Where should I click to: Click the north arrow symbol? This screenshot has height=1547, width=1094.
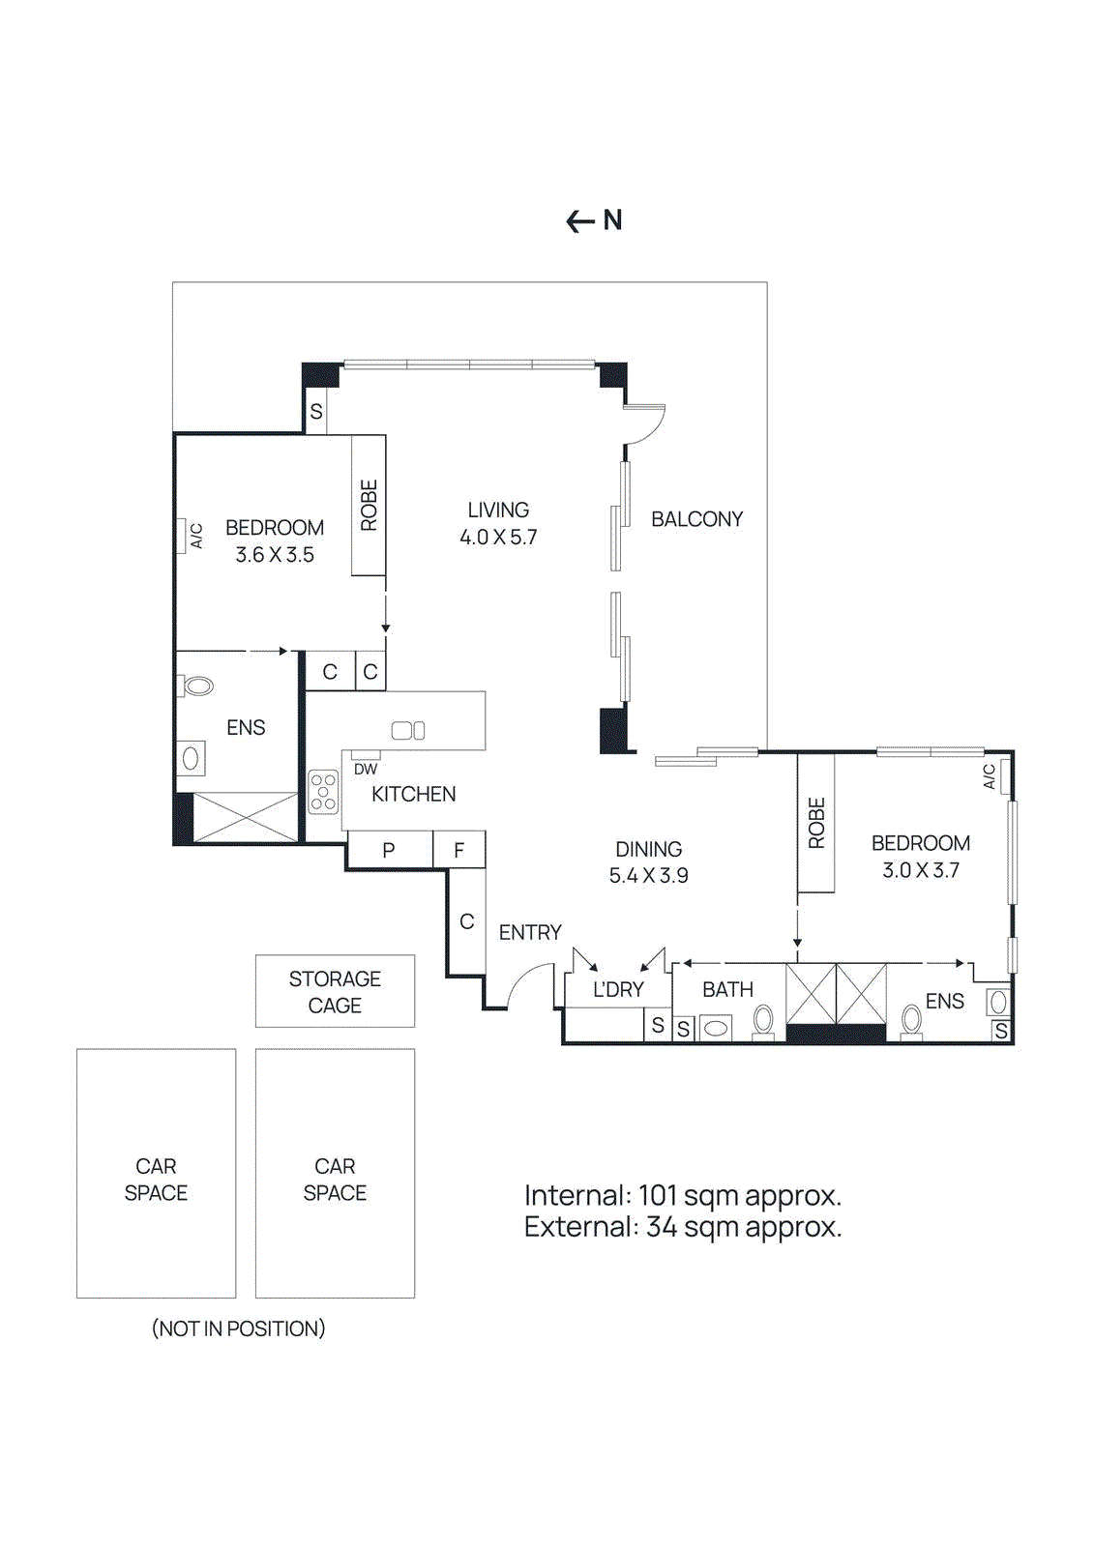coord(580,221)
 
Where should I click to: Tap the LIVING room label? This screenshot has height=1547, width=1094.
coord(498,510)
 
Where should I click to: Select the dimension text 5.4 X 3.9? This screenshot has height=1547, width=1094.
coord(648,876)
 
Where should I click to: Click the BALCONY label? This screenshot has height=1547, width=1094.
coord(696,519)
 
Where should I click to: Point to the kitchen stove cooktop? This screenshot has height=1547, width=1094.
coord(323,791)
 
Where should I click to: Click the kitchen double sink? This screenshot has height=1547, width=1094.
coord(408,731)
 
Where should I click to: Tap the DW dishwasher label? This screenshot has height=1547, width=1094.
coord(366,770)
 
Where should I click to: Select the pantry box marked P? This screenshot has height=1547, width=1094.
coord(389,850)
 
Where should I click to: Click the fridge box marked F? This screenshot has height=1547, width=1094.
coord(459,850)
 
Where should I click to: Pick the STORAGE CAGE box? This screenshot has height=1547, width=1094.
coord(335,991)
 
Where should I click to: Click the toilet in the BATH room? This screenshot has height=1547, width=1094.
coord(763,1021)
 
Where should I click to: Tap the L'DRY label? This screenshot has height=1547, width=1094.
coord(618,990)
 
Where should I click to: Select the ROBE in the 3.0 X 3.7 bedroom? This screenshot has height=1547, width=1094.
coord(816,823)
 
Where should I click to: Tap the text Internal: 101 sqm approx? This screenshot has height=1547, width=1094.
coord(682,1196)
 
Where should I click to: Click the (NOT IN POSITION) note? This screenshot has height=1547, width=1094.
coord(238,1328)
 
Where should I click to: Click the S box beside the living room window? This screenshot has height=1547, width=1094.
coord(316,412)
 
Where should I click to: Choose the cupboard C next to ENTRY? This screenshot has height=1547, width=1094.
coord(466,921)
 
